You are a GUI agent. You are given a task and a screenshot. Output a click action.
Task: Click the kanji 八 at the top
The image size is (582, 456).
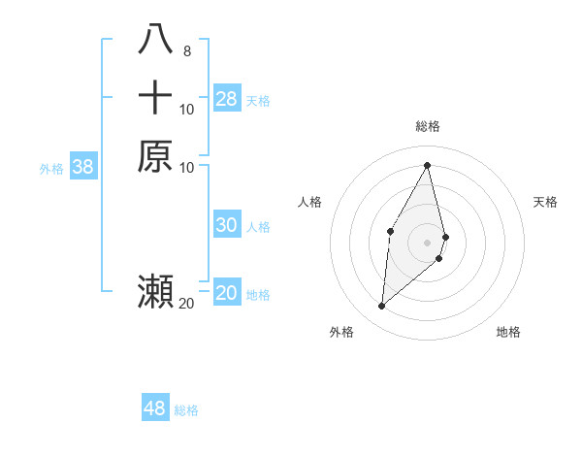coord(156,40)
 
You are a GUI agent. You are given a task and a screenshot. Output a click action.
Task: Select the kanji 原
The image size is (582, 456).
coord(156,155)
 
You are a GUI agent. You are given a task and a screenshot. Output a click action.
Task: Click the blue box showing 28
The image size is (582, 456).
coord(227,98)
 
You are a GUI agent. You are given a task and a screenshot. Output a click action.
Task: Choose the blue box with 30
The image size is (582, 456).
coord(227,225)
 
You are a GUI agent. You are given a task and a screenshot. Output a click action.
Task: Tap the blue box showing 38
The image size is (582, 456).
coord(83,167)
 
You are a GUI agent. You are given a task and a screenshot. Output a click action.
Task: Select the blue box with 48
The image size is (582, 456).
coord(155,408)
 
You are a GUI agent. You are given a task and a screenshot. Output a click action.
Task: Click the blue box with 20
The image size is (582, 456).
coord(227,293)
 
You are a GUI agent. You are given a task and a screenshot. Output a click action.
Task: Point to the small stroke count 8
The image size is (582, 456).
coord(186,51)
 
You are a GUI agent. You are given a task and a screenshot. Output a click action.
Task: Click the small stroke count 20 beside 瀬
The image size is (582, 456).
coord(186,304)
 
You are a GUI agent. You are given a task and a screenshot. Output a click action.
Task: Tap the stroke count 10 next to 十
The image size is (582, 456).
coord(186,110)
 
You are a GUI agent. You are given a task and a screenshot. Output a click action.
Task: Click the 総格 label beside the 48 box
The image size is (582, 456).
coord(186,410)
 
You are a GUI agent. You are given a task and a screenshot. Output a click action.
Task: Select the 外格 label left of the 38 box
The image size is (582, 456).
coord(51,169)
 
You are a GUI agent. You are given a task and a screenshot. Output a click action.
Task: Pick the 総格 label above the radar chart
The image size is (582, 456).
coord(428,126)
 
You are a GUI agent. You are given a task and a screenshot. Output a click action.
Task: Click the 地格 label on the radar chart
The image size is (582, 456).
coord(508,332)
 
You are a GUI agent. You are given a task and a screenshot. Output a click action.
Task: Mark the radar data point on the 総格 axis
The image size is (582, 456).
coord(428,165)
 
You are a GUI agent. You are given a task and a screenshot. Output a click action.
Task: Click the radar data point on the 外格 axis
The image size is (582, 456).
coord(382,307)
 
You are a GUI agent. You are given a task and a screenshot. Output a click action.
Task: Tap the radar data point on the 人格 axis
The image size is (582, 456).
coord(390,230)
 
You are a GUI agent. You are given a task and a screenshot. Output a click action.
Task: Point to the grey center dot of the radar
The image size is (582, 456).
coord(428,242)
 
